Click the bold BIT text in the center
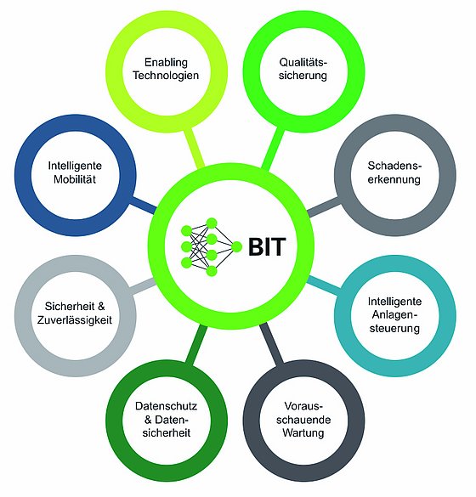(267, 246)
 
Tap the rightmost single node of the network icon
(236, 246)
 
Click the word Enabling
(166, 62)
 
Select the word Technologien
(166, 76)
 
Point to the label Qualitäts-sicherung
(303, 69)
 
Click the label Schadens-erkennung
(394, 172)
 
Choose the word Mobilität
(75, 179)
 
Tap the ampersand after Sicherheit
(101, 307)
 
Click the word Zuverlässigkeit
(75, 320)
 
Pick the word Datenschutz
(166, 406)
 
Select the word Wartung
(303, 433)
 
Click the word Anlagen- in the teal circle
(394, 315)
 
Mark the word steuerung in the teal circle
(394, 329)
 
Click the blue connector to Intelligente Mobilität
(144, 205)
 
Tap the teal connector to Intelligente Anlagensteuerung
(324, 285)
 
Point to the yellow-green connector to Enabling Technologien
(194, 148)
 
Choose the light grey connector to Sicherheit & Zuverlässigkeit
(144, 286)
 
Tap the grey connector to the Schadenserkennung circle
(324, 207)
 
